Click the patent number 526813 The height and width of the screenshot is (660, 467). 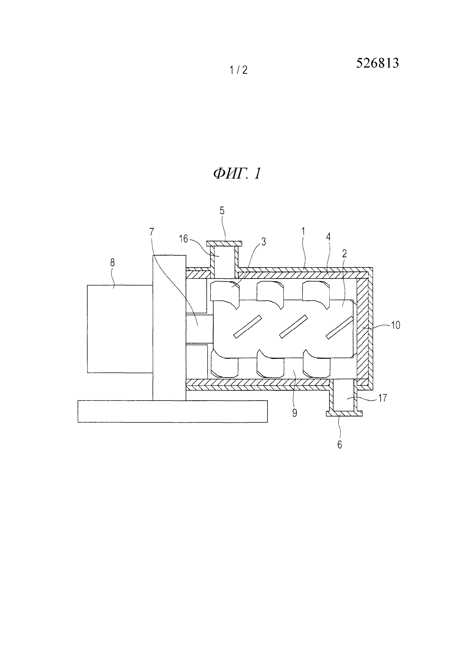click(377, 63)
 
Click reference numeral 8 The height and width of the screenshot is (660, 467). click(112, 263)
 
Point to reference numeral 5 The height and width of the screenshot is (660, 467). click(222, 211)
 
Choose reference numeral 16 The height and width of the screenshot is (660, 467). click(183, 239)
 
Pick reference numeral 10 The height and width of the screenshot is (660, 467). click(396, 325)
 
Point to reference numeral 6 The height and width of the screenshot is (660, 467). click(340, 445)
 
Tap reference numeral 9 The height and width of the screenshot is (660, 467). click(295, 413)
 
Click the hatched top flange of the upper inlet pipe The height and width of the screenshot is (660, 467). click(224, 244)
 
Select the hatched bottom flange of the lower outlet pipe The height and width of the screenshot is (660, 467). click(344, 413)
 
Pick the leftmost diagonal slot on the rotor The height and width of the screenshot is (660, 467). click(247, 327)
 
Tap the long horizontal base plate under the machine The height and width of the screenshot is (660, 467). click(172, 411)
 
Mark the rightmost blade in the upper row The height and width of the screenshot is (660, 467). click(316, 294)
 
